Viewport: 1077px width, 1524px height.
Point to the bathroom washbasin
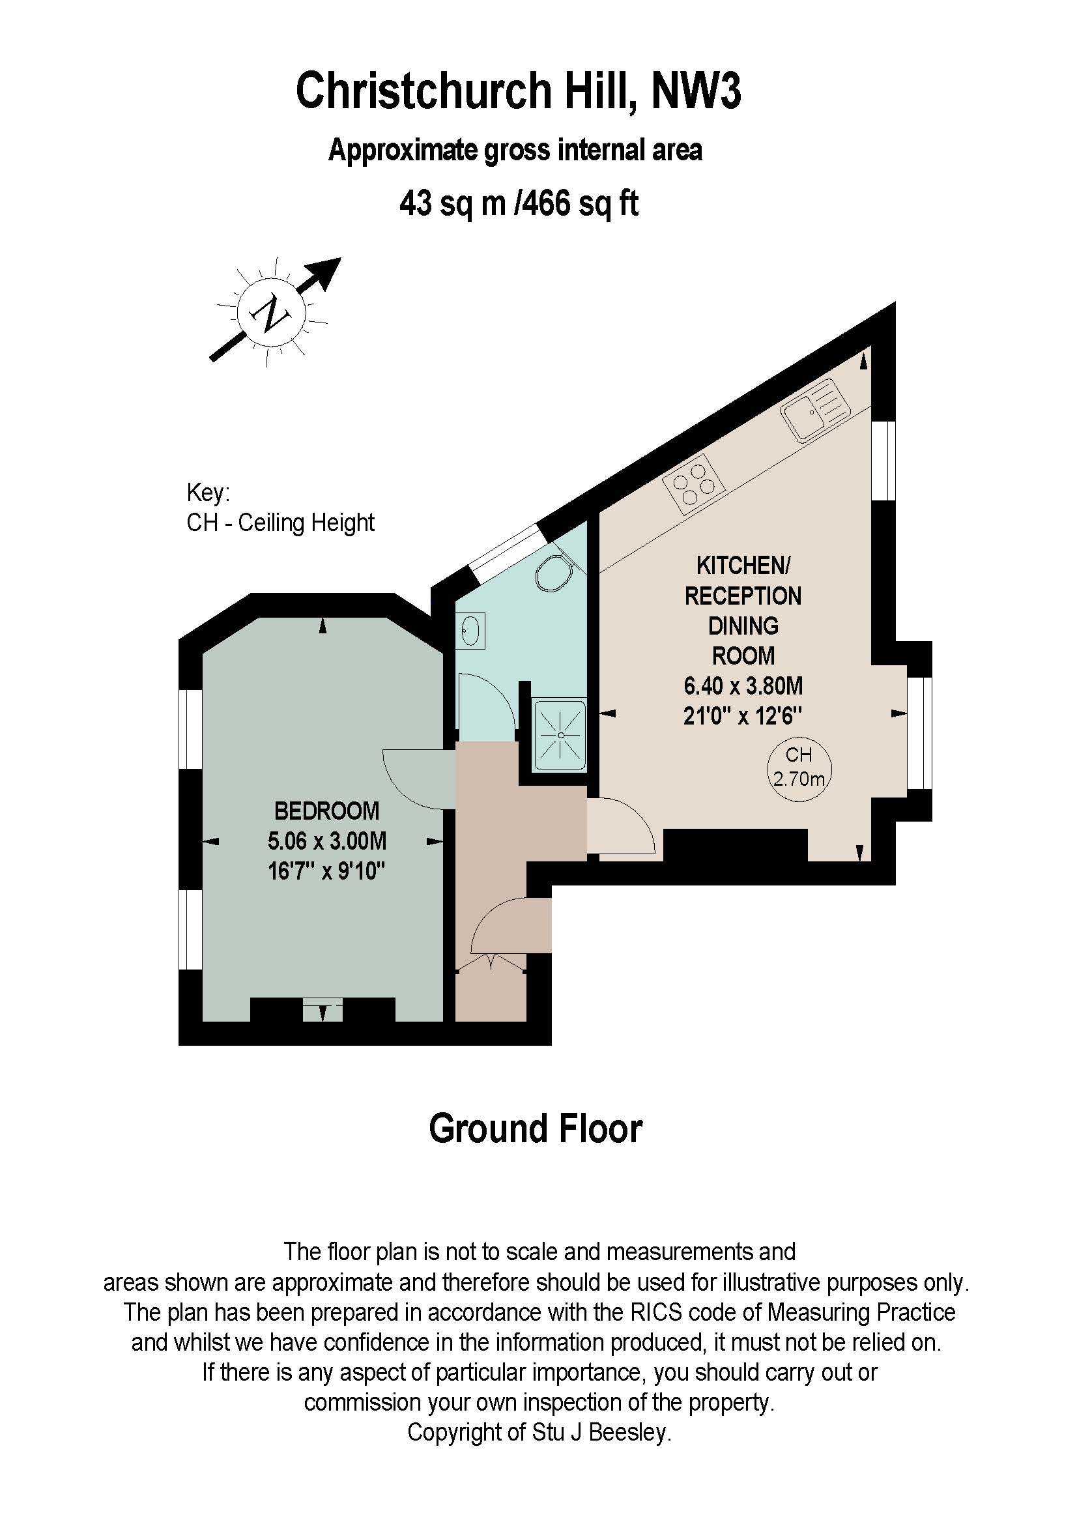470,630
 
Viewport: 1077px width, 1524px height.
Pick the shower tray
561,736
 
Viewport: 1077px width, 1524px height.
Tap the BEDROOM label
326,811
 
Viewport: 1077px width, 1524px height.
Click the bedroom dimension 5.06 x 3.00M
326,841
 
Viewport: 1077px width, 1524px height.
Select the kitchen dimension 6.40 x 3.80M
743,685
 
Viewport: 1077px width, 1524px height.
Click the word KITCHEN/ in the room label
743,566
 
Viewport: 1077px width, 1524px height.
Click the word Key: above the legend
208,493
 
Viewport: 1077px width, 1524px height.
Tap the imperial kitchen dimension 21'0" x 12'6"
743,715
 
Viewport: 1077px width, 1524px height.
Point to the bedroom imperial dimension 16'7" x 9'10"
326,870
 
